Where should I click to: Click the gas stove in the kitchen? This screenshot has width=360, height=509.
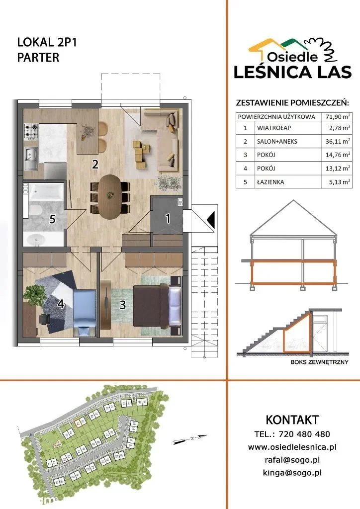coord(31,131)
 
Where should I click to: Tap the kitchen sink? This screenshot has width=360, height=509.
coord(31,159)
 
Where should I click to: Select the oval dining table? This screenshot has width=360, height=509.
coord(110,197)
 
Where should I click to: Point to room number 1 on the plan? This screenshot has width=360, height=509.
coord(168,219)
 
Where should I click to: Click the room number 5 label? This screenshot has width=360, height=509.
coord(52,219)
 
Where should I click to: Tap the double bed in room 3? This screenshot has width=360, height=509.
coord(157,305)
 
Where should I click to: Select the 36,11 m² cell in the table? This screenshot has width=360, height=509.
coord(338,141)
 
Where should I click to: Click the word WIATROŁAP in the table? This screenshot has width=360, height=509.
coord(274,128)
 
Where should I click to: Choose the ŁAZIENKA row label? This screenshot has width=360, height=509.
coord(270,182)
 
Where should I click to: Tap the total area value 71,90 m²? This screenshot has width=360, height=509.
coord(338,116)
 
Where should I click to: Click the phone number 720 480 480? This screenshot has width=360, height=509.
coord(304,434)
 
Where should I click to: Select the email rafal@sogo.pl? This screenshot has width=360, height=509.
coord(292,460)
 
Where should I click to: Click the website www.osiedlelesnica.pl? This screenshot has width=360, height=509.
coord(292,447)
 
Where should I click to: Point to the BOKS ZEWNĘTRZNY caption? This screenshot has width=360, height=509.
coord(319,362)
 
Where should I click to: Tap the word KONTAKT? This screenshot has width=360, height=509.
coord(292,420)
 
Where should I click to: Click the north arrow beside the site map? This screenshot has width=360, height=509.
coord(190,439)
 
